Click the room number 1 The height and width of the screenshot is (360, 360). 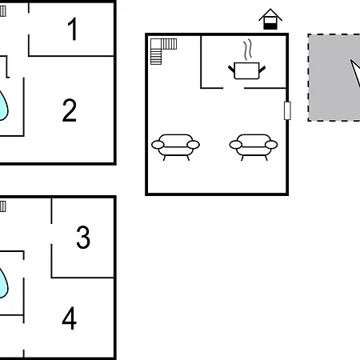[x=73, y=29]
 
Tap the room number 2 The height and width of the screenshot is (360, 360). [x=70, y=110]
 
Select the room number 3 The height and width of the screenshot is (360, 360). [x=83, y=237]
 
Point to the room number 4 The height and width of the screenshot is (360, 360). [x=70, y=318]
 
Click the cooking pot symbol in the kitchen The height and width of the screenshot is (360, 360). [x=246, y=70]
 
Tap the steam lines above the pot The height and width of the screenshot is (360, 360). [x=248, y=50]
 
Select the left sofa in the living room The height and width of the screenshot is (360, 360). [x=175, y=147]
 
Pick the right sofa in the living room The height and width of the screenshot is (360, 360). [x=254, y=147]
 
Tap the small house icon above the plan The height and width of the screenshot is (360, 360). [x=270, y=19]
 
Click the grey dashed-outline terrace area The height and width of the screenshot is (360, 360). [x=334, y=78]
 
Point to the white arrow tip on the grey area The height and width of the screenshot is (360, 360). [x=351, y=61]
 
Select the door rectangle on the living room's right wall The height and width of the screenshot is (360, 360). [x=287, y=110]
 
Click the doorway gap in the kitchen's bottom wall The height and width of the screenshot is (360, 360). [x=234, y=88]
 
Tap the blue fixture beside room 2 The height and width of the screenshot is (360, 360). [x=3, y=106]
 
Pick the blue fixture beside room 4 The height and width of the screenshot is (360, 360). [x=3, y=283]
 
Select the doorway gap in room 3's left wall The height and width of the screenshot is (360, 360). [x=51, y=234]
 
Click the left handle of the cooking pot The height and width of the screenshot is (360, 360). [x=231, y=69]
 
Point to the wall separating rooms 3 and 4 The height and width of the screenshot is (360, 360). [x=82, y=278]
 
